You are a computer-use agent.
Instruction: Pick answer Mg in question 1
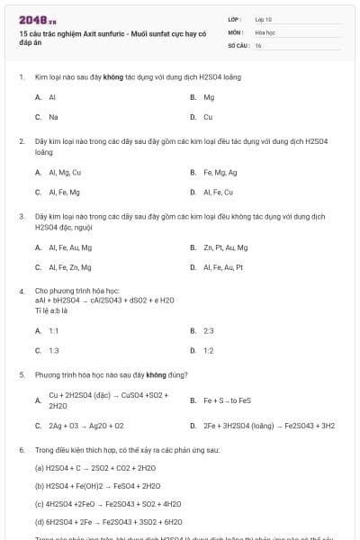[x=209, y=96]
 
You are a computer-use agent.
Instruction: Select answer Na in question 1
[x=53, y=117]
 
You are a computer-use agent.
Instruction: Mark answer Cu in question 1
[x=208, y=117]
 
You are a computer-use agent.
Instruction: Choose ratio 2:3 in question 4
[x=209, y=330]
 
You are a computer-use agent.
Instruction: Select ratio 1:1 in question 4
[x=53, y=330]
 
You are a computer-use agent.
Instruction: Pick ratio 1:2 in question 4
[x=209, y=351]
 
